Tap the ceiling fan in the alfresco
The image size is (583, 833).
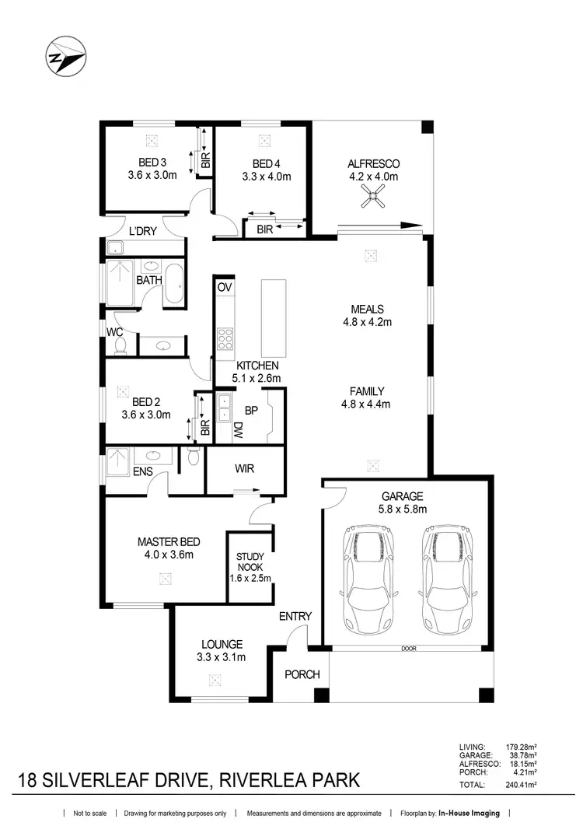[x=372, y=200]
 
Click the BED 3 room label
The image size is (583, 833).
[x=153, y=163]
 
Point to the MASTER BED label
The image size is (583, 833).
[x=165, y=541]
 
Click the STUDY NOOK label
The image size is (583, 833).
[x=250, y=557]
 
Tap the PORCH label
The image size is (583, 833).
[x=302, y=674]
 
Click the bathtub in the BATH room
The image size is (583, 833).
[x=174, y=285]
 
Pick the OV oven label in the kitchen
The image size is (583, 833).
[x=225, y=287]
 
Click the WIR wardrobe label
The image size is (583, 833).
[x=244, y=469]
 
